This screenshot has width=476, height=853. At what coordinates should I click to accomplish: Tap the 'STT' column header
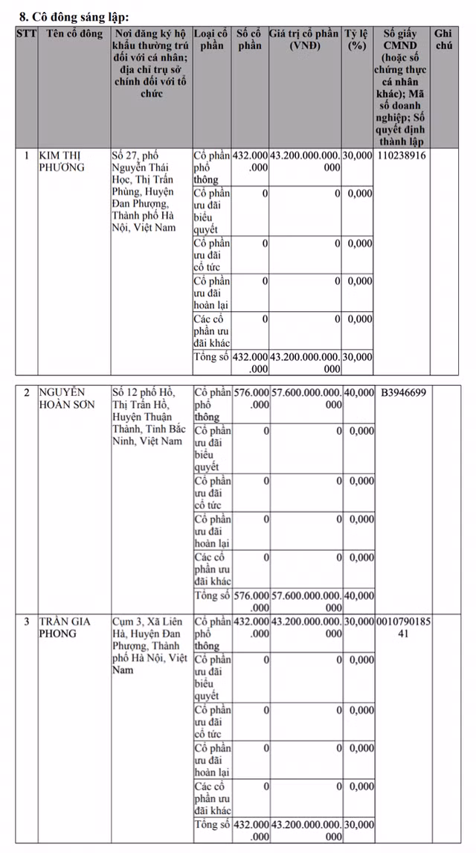pyautogui.click(x=27, y=34)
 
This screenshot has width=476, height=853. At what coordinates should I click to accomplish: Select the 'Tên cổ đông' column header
pyautogui.click(x=74, y=34)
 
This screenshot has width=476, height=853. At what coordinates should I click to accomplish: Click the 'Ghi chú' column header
pyautogui.click(x=443, y=40)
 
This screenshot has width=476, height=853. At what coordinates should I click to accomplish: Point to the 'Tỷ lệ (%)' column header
pyautogui.click(x=357, y=40)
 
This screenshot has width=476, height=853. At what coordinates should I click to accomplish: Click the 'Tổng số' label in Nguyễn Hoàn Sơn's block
pyautogui.click(x=211, y=595)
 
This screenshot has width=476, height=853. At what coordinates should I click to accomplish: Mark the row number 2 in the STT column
pyautogui.click(x=27, y=393)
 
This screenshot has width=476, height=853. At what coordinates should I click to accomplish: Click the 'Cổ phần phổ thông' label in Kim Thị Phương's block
pyautogui.click(x=211, y=167)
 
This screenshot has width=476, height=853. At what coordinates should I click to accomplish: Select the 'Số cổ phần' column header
pyautogui.click(x=250, y=40)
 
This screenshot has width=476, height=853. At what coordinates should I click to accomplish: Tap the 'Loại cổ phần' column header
pyautogui.click(x=211, y=40)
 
